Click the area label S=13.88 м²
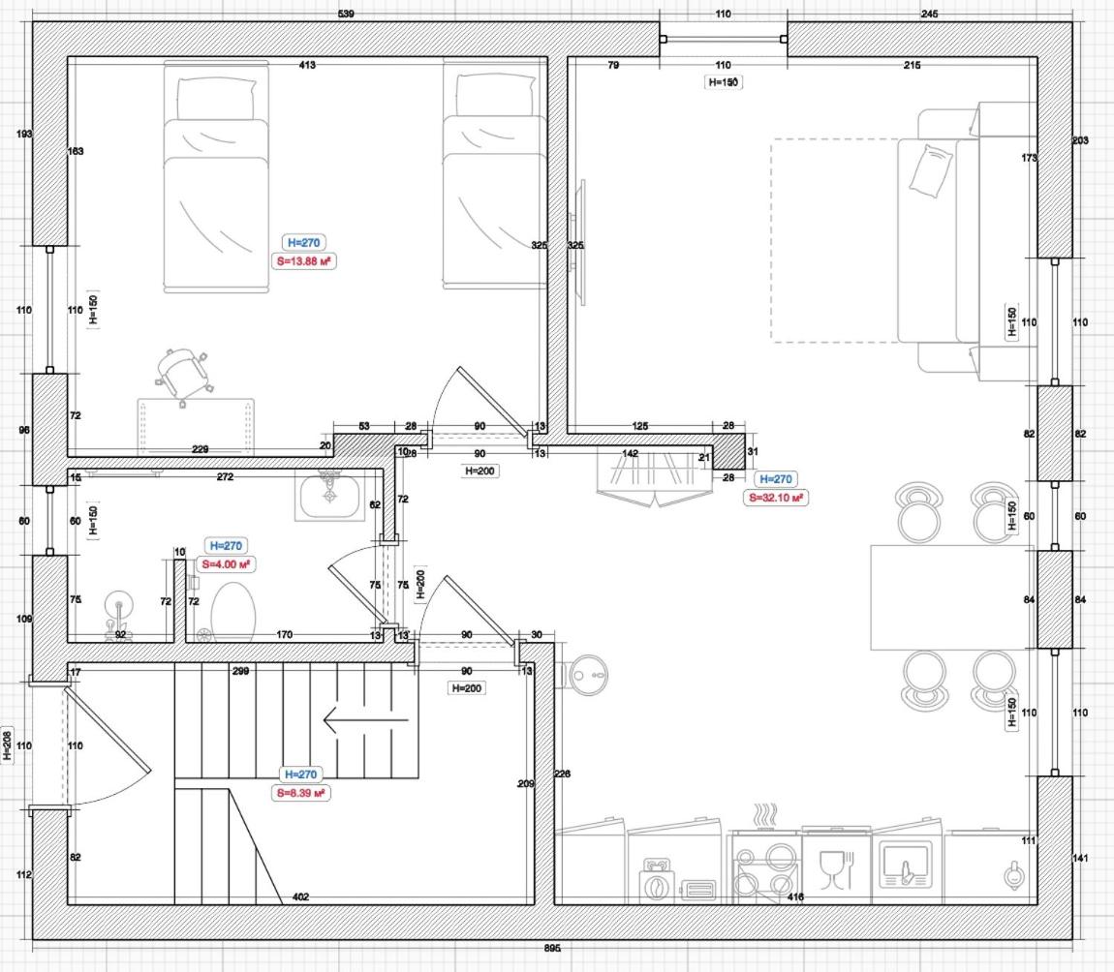coord(305,260)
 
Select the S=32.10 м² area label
coord(776,497)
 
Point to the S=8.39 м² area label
coord(299,792)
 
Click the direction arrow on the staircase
coord(365,720)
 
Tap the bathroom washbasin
coord(330,497)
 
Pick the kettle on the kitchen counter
coord(1012,876)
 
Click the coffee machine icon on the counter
coord(656,881)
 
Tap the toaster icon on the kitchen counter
coord(697,890)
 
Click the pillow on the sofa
coord(931,171)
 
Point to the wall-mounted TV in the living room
coord(581,243)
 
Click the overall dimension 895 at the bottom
coord(552,949)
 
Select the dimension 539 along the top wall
coord(345,14)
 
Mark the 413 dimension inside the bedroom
coord(307,65)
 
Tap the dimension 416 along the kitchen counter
coord(795,897)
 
